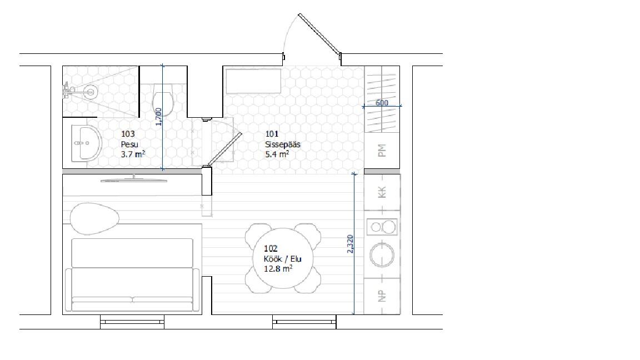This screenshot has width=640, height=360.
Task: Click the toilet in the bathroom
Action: coord(163,100)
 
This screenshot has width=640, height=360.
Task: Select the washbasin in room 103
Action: coord(86,143)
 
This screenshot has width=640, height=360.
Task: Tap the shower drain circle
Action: coord(90,91)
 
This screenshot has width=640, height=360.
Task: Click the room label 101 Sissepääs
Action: coord(283,139)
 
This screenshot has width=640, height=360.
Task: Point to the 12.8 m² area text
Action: coord(278,269)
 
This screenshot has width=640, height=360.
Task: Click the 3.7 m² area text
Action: coord(133,154)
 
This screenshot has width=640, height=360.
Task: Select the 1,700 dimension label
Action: coord(159,116)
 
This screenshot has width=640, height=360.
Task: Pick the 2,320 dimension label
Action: coord(350,244)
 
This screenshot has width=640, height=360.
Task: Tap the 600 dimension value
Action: coord(382,103)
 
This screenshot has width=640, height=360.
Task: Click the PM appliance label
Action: coord(382,151)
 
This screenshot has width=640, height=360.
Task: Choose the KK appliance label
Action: coord(382,192)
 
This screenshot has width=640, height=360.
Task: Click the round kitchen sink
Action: coord(382,254)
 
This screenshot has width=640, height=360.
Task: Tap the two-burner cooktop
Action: coord(382,227)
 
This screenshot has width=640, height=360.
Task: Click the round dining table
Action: coord(283,258)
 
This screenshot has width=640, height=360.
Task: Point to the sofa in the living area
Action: coord(132,276)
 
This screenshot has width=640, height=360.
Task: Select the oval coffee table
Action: coord(94,219)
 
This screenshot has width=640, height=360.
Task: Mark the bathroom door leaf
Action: coord(225,149)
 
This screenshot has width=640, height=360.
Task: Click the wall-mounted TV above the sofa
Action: coord(134,179)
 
